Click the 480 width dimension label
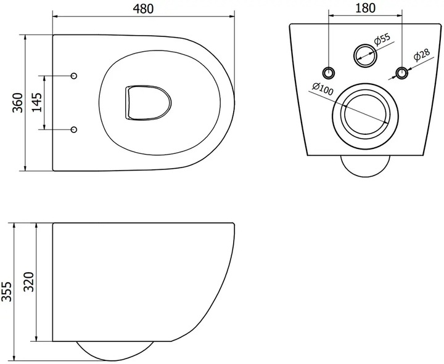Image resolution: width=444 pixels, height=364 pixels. (x=143, y=9)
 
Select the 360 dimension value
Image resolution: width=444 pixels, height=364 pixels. (x=17, y=103)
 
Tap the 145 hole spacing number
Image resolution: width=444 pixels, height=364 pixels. (x=36, y=102)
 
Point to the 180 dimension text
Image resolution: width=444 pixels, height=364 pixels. (x=365, y=8)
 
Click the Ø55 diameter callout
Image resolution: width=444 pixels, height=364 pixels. (x=382, y=39)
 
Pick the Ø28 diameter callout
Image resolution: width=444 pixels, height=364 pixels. (x=422, y=55)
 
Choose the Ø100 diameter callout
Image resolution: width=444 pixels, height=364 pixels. (x=323, y=89)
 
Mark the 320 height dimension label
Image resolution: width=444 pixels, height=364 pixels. (x=28, y=282)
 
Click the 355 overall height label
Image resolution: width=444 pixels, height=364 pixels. (x=7, y=291)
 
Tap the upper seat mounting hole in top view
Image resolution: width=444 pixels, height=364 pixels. (x=74, y=76)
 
